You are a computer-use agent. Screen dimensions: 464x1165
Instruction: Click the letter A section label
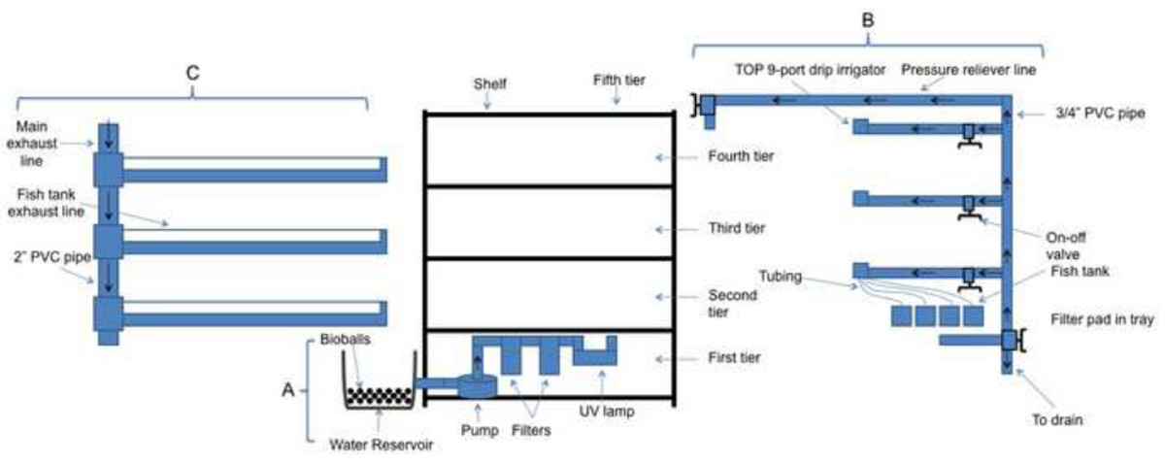(287, 389)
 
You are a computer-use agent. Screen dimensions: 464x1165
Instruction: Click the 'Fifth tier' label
(620, 82)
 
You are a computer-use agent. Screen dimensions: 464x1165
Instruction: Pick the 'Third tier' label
(739, 229)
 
